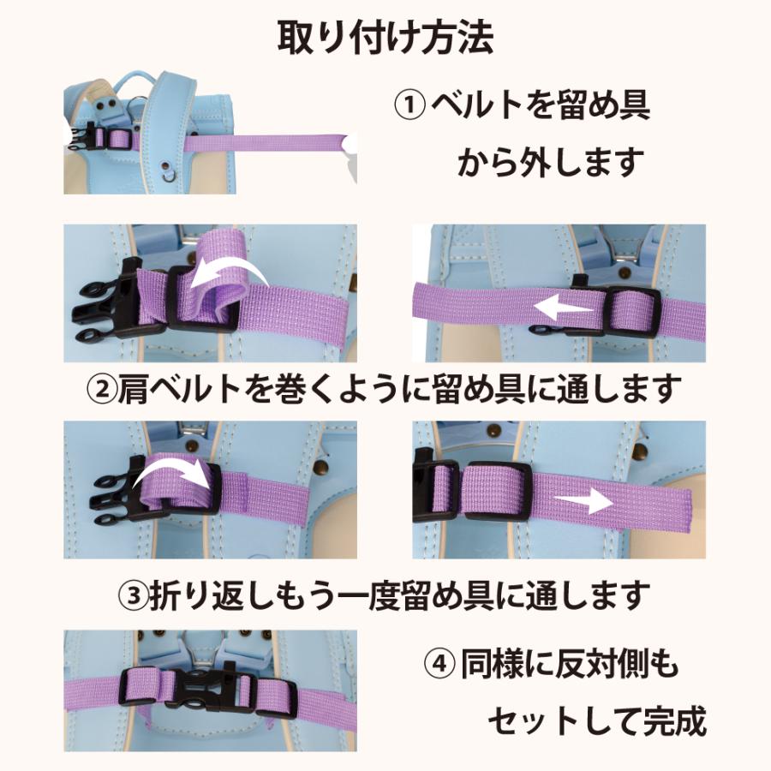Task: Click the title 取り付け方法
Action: pos(385,38)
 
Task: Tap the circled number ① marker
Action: pos(409,105)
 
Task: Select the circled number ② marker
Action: pos(102,388)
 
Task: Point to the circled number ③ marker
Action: pos(134,595)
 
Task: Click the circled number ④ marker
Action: pos(439,665)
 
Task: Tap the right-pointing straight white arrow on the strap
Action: pos(583,500)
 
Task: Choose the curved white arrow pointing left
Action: pos(229,274)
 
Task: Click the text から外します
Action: pos(551,162)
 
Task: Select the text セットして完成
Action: pos(597,721)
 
